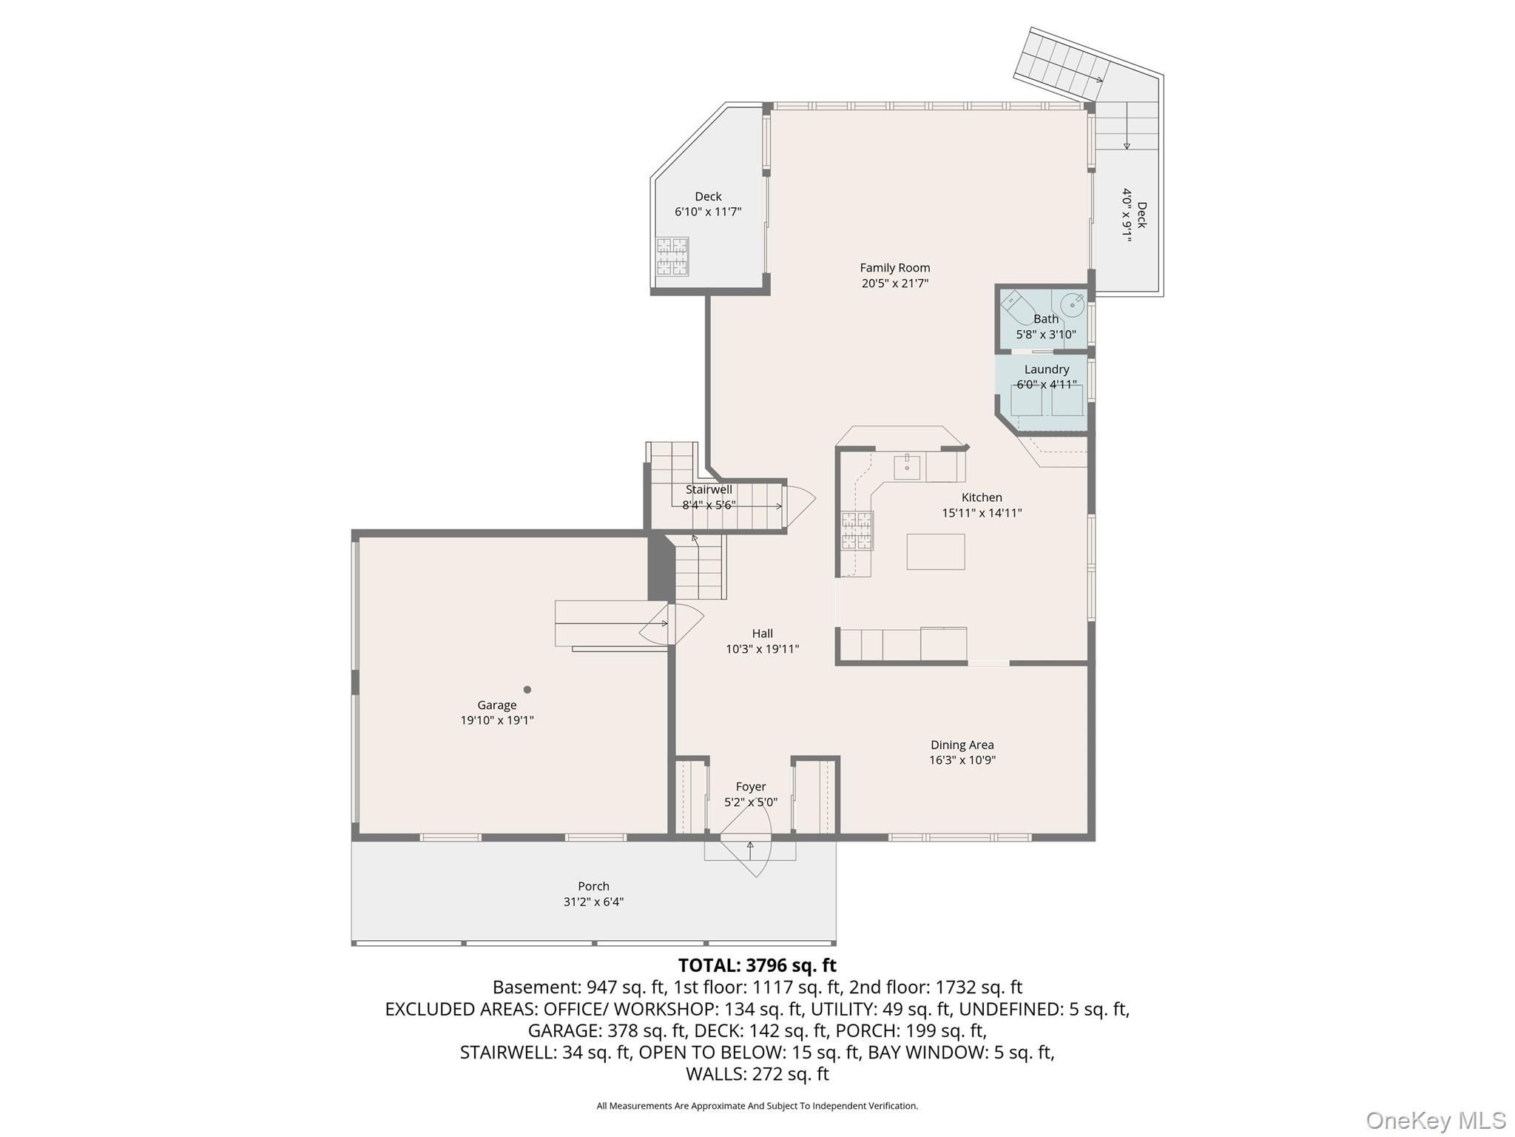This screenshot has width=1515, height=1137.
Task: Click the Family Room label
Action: tap(894, 268)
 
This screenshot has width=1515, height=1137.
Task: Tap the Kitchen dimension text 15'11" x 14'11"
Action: tap(982, 512)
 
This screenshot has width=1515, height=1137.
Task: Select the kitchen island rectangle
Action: tap(936, 551)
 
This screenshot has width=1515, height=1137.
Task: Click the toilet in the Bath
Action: tap(1021, 309)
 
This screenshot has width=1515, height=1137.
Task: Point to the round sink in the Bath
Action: tap(1072, 304)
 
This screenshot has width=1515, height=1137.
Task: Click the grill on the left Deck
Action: tap(672, 256)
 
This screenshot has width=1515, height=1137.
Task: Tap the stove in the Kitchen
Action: tap(857, 531)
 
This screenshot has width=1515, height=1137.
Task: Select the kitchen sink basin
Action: tap(907, 467)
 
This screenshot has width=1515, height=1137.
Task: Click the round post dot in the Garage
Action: tap(527, 690)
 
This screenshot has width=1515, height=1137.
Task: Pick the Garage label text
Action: tap(497, 705)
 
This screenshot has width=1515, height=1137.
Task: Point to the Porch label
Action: tap(593, 886)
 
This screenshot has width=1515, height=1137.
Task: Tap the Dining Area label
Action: tap(962, 745)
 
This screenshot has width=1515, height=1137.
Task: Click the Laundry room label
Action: tap(1047, 369)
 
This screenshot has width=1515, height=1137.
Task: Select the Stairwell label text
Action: tap(709, 489)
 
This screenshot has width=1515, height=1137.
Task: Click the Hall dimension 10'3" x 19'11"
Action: tap(762, 649)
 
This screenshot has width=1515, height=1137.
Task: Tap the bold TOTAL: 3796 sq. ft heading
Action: tap(757, 965)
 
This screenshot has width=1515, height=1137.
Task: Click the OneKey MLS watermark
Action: tap(1435, 1120)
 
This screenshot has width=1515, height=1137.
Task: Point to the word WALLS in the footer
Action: tap(715, 1073)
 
